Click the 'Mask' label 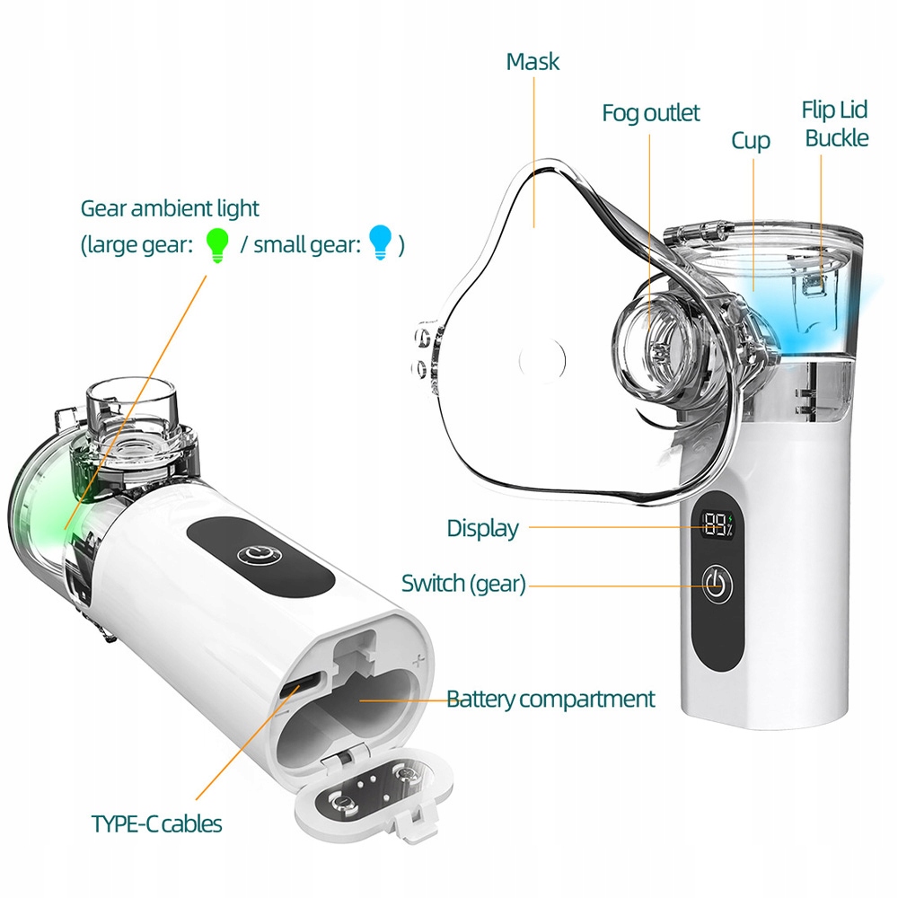[533, 62]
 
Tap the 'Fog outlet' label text [650, 113]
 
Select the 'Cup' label [751, 141]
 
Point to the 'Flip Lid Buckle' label [835, 124]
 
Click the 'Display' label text [483, 528]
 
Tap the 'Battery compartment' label [550, 699]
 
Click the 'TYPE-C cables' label [156, 823]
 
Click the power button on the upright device [716, 585]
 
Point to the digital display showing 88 [718, 525]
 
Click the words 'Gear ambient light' [170, 208]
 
